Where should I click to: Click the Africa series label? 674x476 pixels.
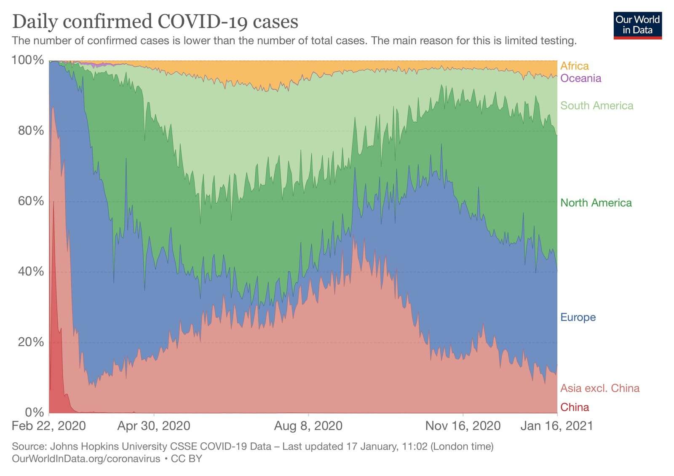[574, 66]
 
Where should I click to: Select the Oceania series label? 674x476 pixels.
[580, 78]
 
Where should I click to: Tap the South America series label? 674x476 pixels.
[596, 105]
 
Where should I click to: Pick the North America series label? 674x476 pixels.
[596, 203]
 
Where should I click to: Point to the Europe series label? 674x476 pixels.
[578, 317]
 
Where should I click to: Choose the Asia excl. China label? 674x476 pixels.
[599, 388]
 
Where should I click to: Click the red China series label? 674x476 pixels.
[574, 407]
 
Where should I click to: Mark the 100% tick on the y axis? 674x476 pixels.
[28, 60]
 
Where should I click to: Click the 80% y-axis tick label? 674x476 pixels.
[31, 131]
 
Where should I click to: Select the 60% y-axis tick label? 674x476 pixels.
[31, 201]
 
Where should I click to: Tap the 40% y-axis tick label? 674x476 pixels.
[31, 271]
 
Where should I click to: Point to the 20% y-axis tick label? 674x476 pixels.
[31, 342]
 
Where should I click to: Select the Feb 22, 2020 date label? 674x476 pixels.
[48, 426]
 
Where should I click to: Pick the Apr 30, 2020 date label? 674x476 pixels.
[153, 426]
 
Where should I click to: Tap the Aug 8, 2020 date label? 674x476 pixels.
[308, 426]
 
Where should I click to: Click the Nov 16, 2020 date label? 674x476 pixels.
[463, 426]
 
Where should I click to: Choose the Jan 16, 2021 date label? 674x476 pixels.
[556, 426]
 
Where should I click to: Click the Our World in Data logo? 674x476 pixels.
[637, 25]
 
